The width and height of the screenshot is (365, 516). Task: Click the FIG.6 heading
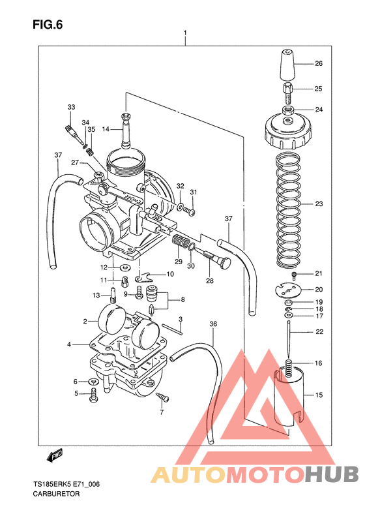pyautogui.click(x=48, y=24)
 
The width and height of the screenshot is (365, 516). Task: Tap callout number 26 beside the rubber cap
pyautogui.click(x=319, y=64)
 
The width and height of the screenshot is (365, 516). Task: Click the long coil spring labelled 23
pyautogui.click(x=289, y=209)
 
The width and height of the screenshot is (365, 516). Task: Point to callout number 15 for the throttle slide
pyautogui.click(x=319, y=395)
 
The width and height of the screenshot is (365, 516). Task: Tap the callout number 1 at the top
pyautogui.click(x=186, y=33)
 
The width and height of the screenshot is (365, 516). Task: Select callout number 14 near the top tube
pyautogui.click(x=106, y=129)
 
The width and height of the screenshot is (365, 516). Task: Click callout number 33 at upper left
pyautogui.click(x=71, y=107)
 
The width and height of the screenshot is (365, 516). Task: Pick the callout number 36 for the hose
pyautogui.click(x=213, y=324)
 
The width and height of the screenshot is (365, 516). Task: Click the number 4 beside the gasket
pyautogui.click(x=68, y=344)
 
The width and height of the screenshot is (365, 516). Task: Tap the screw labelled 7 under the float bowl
pyautogui.click(x=162, y=399)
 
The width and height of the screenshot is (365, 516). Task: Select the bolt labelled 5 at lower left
pyautogui.click(x=94, y=393)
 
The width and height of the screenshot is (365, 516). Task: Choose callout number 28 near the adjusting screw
pyautogui.click(x=210, y=281)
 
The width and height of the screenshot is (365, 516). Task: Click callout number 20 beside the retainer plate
pyautogui.click(x=319, y=290)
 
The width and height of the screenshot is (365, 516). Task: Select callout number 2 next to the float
pyautogui.click(x=85, y=322)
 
